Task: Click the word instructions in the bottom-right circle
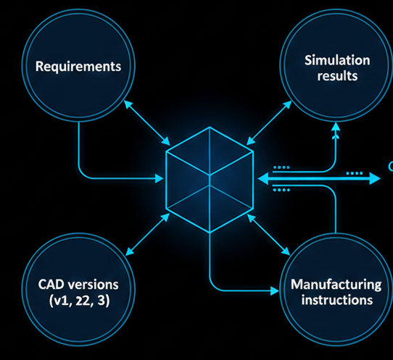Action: point(336,299)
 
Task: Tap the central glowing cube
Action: point(210,179)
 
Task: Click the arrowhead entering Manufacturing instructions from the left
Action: point(275,290)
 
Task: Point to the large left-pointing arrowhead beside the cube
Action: point(262,178)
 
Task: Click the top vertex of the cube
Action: point(210,127)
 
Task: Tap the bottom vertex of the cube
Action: point(210,232)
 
